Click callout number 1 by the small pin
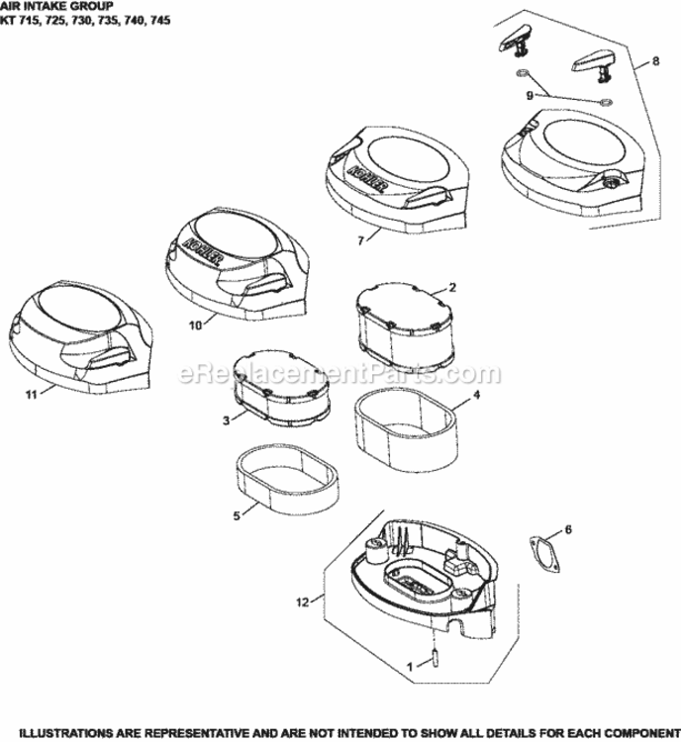pyautogui.click(x=410, y=666)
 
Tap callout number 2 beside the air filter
pyautogui.click(x=452, y=287)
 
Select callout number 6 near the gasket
pyautogui.click(x=568, y=529)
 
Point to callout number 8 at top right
pyautogui.click(x=655, y=61)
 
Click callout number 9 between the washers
pyautogui.click(x=530, y=96)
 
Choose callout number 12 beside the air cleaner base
pyautogui.click(x=303, y=602)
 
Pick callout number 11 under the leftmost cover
pyautogui.click(x=32, y=394)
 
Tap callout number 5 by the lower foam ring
pyautogui.click(x=237, y=515)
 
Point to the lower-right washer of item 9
pyautogui.click(x=605, y=102)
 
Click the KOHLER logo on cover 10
pyautogui.click(x=202, y=251)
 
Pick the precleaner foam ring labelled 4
pyautogui.click(x=407, y=430)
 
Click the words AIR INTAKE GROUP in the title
pyautogui.click(x=56, y=7)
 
